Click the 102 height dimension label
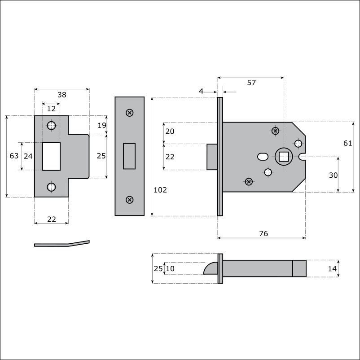pos(160,190)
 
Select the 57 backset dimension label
pos(251,83)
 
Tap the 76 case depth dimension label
pos(263,233)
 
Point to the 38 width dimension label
pos(62,95)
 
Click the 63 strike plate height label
pos(14,156)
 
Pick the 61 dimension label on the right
pos(347,143)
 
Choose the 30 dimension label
pos(333,176)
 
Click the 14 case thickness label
pos(332,268)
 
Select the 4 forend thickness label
pos(201,91)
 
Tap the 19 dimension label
pos(102,125)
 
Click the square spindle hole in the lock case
pos(284,157)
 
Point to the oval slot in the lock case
pos(263,157)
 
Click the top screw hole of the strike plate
pos(52,125)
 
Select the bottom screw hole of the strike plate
pos(52,187)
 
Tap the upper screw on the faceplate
pos(130,113)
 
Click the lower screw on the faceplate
pos(130,200)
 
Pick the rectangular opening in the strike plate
pos(52,156)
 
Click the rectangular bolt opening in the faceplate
pos(129,156)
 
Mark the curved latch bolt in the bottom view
pos(211,268)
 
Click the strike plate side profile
pos(62,244)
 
